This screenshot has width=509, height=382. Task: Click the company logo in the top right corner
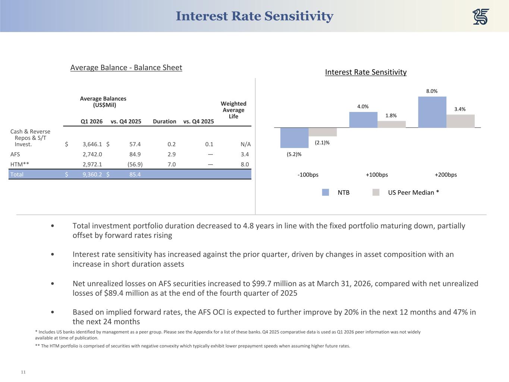[481, 17]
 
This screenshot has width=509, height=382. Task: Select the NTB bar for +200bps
[432, 112]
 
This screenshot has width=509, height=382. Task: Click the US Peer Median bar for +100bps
[391, 124]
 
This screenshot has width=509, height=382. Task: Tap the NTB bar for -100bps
[294, 138]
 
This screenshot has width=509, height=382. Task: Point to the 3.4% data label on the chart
[460, 109]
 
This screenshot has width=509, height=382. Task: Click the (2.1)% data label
[322, 143]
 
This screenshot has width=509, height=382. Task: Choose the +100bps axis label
[377, 175]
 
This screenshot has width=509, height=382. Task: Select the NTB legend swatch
[326, 192]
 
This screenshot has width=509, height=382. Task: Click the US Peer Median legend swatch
[376, 192]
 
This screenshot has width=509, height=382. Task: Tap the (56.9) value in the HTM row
[135, 165]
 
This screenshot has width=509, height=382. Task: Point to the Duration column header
[164, 121]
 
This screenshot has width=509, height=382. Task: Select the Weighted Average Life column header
[233, 110]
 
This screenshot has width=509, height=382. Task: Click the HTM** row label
[20, 165]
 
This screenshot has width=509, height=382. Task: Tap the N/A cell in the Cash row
[246, 144]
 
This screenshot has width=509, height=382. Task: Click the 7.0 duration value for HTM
[172, 165]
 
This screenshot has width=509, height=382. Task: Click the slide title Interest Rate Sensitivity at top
[254, 16]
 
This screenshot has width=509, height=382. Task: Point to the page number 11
[23, 372]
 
